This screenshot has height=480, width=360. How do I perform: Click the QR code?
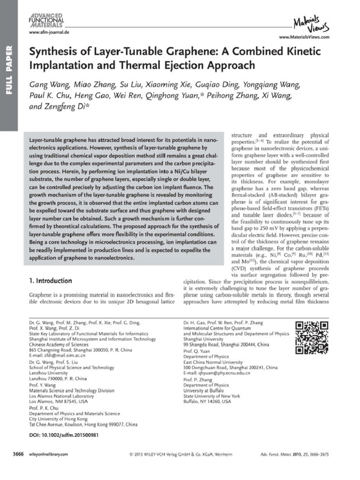point(311,337)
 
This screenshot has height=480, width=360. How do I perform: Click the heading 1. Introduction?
point(50,281)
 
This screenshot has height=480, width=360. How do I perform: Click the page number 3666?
point(19,454)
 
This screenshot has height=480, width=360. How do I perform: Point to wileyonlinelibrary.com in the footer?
point(48,455)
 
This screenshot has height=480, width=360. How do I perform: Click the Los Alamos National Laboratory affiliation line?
point(61,396)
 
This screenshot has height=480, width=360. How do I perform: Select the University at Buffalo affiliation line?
point(206,391)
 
